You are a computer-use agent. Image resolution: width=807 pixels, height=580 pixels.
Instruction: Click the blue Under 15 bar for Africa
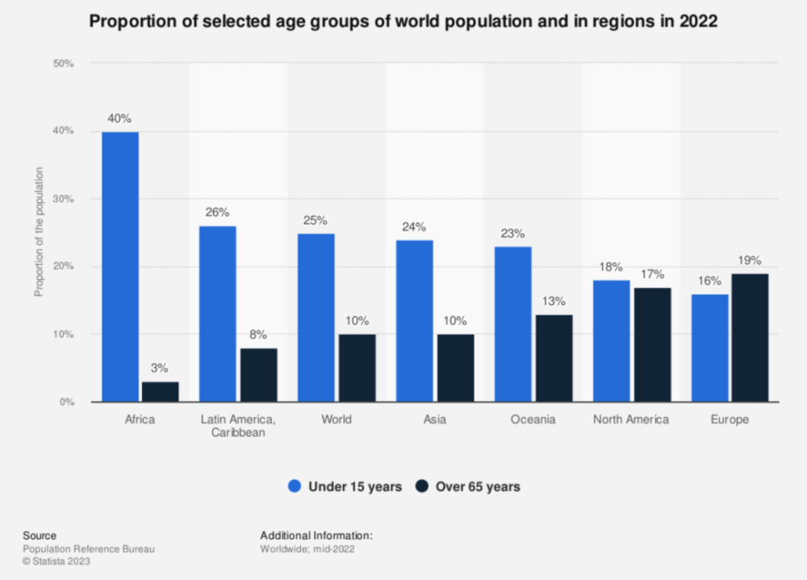tap(119, 266)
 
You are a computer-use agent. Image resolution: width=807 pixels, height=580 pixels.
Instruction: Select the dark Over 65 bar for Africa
tap(159, 391)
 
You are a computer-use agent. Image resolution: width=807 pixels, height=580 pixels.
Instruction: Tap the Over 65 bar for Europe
tap(750, 337)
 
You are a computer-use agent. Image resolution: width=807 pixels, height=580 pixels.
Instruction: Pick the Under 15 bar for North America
tap(611, 340)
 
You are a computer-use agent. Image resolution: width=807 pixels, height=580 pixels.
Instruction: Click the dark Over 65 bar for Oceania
tap(553, 357)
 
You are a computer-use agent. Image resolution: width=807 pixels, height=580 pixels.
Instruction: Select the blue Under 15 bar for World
tap(316, 317)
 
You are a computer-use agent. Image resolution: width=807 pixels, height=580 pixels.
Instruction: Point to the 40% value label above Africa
tap(119, 119)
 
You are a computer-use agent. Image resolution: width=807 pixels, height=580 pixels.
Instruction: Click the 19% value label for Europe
tap(750, 261)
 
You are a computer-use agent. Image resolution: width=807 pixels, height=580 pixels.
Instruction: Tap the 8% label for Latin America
tap(257, 335)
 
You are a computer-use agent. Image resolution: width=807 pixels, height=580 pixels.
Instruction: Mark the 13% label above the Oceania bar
tap(553, 301)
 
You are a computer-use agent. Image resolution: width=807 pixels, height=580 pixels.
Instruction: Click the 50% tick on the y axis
tap(64, 63)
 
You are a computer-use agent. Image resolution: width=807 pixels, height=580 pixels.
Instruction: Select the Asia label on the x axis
tap(434, 419)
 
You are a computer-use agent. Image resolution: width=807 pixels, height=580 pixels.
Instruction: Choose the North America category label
tap(630, 419)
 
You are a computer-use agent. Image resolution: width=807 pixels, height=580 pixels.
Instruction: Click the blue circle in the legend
tap(295, 486)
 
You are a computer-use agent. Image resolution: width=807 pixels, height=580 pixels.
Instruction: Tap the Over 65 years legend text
tap(478, 486)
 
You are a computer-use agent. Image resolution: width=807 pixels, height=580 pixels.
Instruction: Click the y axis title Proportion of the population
tap(38, 232)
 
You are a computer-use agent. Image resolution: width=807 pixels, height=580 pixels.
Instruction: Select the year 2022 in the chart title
tap(700, 23)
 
